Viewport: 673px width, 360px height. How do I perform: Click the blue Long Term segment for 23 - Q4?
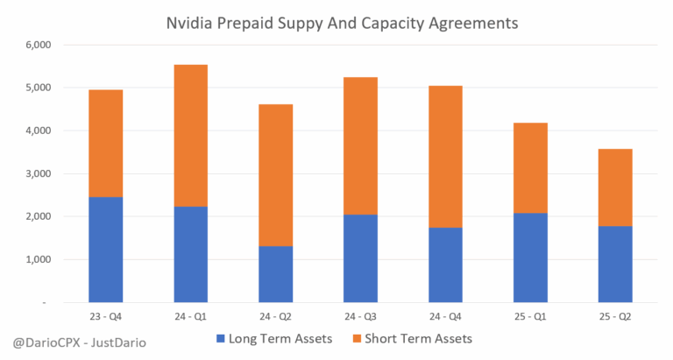click(x=105, y=250)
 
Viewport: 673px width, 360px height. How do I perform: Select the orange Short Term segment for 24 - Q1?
click(x=190, y=135)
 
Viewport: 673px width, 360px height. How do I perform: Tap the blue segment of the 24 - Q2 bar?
click(x=275, y=273)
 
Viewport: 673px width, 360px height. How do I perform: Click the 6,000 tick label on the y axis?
click(x=39, y=45)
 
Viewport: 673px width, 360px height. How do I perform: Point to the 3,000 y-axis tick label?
click(x=39, y=173)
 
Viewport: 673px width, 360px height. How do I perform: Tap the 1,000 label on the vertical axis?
click(x=39, y=259)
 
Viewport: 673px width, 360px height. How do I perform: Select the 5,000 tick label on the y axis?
click(x=39, y=88)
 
